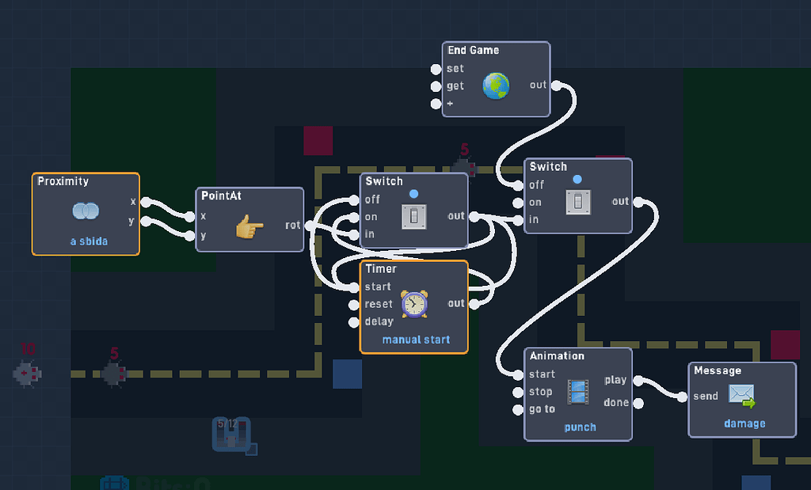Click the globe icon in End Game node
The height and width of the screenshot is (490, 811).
click(x=496, y=85)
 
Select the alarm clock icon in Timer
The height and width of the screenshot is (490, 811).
click(x=413, y=304)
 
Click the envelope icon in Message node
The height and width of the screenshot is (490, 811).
click(x=741, y=395)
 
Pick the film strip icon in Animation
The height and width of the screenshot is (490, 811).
click(x=578, y=392)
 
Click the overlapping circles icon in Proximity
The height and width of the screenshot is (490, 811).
click(x=86, y=211)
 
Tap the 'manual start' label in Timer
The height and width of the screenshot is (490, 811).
click(x=415, y=340)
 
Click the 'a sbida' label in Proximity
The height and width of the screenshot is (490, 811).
click(x=88, y=241)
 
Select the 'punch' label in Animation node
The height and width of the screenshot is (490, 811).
click(x=580, y=427)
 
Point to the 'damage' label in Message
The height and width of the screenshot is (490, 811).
click(x=744, y=424)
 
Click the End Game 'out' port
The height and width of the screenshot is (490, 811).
click(x=556, y=85)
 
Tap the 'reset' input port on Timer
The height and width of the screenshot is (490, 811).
click(x=354, y=305)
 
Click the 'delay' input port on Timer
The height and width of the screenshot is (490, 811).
click(x=354, y=322)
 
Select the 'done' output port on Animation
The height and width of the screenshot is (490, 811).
click(x=638, y=403)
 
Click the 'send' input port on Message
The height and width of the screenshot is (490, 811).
click(x=683, y=397)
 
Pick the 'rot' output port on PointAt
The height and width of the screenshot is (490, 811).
click(x=309, y=226)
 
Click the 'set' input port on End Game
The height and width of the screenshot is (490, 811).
click(x=436, y=69)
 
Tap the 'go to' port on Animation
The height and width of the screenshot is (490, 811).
click(x=518, y=410)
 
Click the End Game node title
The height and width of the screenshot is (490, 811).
click(x=473, y=51)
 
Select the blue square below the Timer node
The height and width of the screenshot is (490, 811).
click(x=347, y=374)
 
